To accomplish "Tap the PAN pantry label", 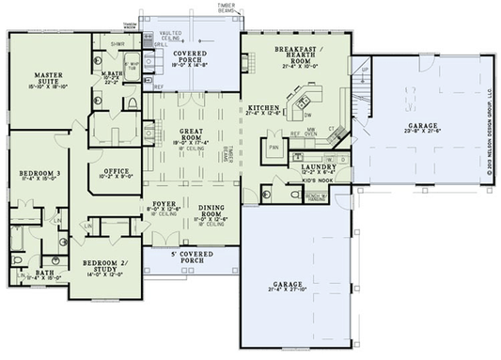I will click(x=274, y=148).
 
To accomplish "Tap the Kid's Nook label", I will click(x=313, y=181).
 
